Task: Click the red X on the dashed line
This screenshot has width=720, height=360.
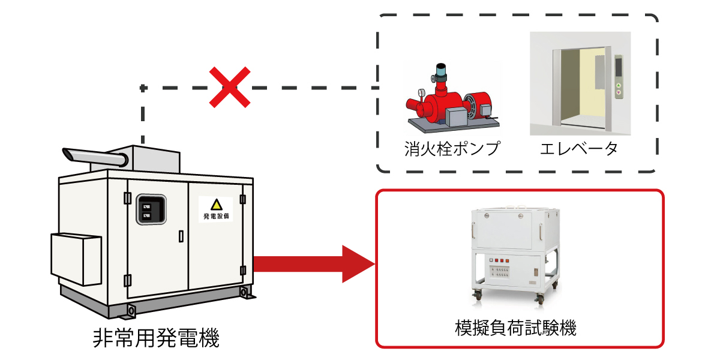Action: pyautogui.click(x=229, y=88)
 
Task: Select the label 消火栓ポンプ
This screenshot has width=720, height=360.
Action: pyautogui.click(x=452, y=149)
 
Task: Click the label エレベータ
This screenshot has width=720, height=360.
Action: pyautogui.click(x=579, y=149)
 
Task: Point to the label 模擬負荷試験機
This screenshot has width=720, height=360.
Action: pyautogui.click(x=516, y=328)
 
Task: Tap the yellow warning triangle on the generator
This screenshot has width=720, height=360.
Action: pyautogui.click(x=216, y=205)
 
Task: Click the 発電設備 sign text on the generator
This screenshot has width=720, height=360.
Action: pyautogui.click(x=216, y=216)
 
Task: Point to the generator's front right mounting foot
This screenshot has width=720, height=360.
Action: pyautogui.click(x=244, y=292)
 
